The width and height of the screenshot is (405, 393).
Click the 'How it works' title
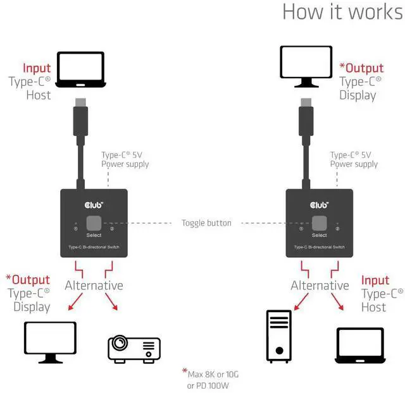pos(342,12)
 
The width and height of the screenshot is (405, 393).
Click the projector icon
pos(134,348)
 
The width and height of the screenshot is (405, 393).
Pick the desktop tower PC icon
pos(278,336)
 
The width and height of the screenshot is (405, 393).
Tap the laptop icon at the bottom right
pos(359,346)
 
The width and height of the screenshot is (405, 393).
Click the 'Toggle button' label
pos(206,223)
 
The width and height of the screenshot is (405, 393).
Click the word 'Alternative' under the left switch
pos(94,286)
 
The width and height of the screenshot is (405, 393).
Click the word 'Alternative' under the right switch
pos(320,286)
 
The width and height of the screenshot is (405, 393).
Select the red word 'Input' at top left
pos(37,68)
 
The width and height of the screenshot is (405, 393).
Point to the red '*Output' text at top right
pos(361,68)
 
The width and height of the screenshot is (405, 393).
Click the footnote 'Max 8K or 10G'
pos(213,374)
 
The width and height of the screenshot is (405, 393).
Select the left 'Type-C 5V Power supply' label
pos(125,159)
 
